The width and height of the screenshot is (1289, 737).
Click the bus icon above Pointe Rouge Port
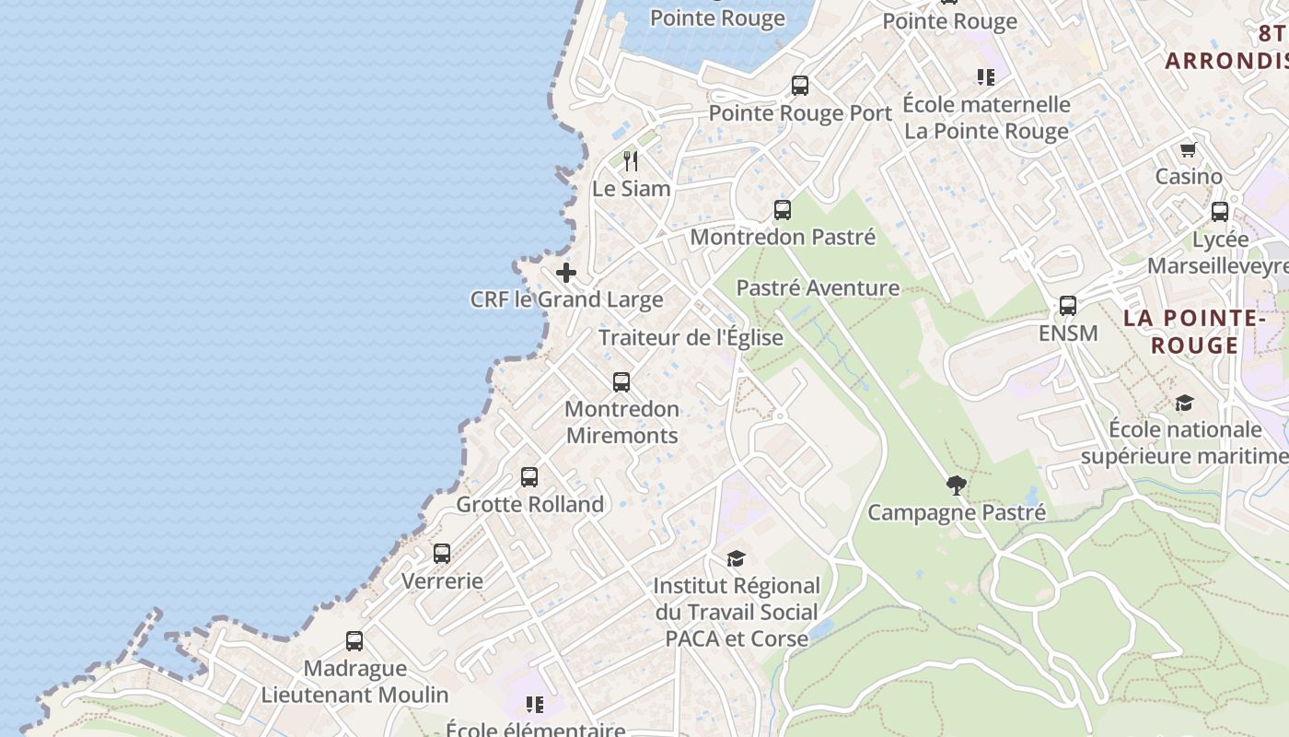800,86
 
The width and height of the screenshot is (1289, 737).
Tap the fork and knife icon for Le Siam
631,161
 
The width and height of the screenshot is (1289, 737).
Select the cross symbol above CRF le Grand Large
566,273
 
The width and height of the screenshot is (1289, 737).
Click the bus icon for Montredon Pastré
783,210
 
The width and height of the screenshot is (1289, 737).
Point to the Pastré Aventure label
818,287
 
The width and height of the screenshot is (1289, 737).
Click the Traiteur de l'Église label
691,337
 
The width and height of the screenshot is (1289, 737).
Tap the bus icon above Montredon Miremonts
621,381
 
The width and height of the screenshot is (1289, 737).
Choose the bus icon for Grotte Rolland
529,477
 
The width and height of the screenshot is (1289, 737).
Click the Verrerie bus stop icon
442,554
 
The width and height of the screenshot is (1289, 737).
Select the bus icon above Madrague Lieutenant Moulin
354,641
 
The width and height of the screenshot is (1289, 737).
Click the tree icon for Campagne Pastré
957,485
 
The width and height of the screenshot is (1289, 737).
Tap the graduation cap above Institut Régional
736,558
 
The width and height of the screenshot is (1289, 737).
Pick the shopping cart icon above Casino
1189,149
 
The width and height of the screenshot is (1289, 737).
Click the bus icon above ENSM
1068,306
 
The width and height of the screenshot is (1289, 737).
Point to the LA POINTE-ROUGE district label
1194,332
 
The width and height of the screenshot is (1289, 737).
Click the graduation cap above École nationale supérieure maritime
1184,403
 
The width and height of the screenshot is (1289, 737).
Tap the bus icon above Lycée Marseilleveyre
1220,212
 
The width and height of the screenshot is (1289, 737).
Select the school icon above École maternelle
986,77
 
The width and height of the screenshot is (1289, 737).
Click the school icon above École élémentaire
535,705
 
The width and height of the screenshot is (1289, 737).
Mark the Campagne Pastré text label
957,512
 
